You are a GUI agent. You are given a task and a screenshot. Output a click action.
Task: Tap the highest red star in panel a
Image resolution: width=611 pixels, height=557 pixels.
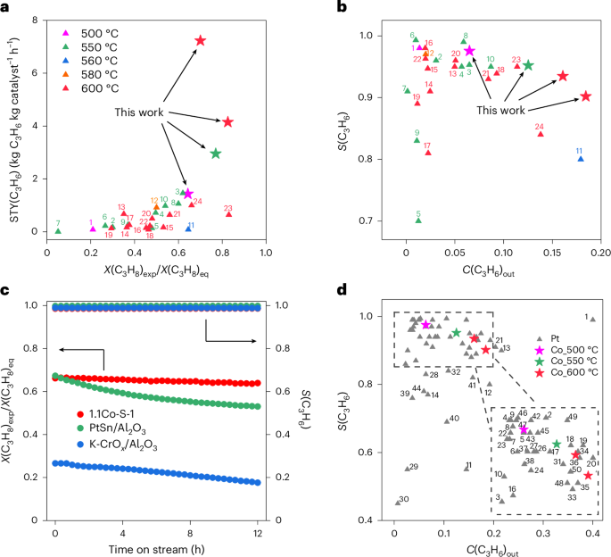(x=201, y=41)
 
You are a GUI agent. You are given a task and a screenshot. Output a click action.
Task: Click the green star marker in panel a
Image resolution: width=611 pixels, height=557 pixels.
(x=215, y=154)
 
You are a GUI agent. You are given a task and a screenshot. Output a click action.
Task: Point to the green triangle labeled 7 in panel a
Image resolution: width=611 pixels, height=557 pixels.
(x=58, y=230)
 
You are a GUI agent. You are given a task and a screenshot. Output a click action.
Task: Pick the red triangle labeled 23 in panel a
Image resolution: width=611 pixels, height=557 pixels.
(x=229, y=214)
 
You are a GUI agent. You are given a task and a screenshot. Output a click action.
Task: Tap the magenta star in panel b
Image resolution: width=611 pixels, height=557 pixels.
(x=470, y=51)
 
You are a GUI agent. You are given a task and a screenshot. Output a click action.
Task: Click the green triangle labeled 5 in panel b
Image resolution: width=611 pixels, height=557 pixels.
(x=418, y=220)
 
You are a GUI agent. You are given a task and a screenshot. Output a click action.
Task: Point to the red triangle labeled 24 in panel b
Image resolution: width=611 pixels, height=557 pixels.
(x=540, y=133)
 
